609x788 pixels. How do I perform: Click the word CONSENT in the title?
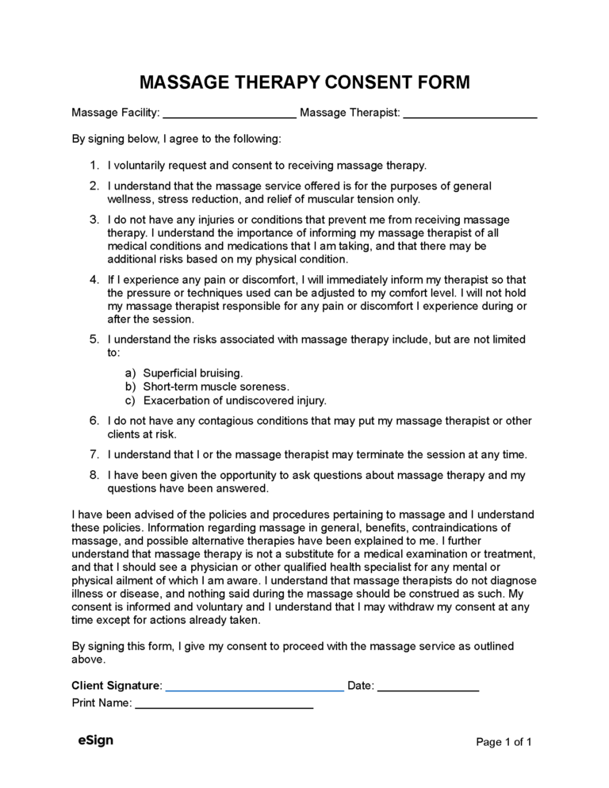[x=360, y=82]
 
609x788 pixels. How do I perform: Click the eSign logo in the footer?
[x=95, y=740]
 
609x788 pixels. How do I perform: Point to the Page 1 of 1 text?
[x=503, y=742]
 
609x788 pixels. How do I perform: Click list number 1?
[x=94, y=166]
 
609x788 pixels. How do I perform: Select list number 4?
[x=94, y=280]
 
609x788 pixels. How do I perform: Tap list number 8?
[x=94, y=476]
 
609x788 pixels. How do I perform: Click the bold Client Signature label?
[x=116, y=685]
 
